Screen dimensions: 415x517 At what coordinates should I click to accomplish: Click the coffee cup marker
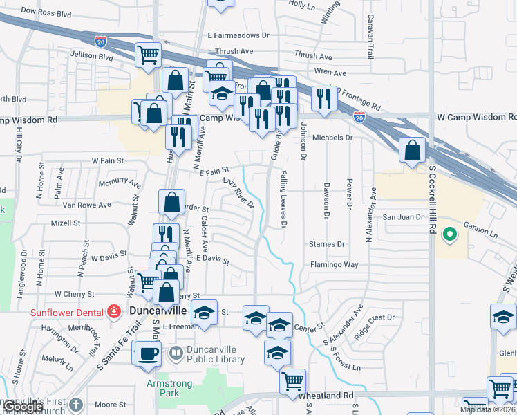pos(147,354)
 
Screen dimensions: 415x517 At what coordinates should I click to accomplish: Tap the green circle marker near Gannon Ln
pos(450,235)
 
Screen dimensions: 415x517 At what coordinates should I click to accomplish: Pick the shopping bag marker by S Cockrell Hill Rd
pos(412,150)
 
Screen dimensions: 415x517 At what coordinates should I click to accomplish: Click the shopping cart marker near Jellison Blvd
pos(148,55)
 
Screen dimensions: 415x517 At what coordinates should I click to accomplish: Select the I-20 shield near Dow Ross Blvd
pos(102,43)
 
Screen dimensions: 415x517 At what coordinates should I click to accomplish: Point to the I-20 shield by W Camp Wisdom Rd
pos(359,118)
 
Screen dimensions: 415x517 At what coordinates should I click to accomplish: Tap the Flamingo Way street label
pos(334,264)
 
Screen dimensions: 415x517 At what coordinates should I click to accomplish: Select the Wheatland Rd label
pos(326,396)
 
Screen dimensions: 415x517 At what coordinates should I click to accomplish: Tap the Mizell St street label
pos(66,223)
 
